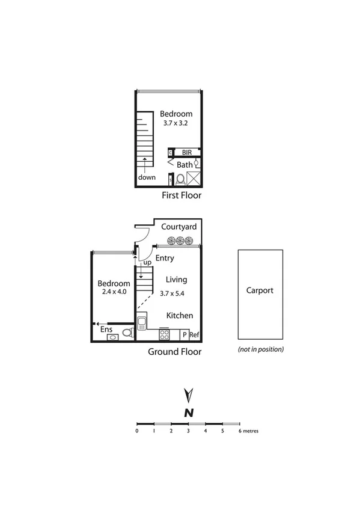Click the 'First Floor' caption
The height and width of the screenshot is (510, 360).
pyautogui.click(x=181, y=195)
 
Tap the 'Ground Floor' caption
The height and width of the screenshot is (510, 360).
pyautogui.click(x=174, y=352)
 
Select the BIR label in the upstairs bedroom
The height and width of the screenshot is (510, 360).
pyautogui.click(x=186, y=153)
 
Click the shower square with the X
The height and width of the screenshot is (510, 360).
pyautogui.click(x=194, y=179)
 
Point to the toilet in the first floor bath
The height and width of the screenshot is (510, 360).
pyautogui.click(x=180, y=179)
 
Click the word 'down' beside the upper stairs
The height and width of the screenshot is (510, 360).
pyautogui.click(x=147, y=177)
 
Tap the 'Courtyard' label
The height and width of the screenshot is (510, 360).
pyautogui.click(x=179, y=227)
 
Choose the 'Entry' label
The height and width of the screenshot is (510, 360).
pyautogui.click(x=164, y=258)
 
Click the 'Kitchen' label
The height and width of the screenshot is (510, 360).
pyautogui.click(x=179, y=315)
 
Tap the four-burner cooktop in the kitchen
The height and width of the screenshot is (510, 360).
pyautogui.click(x=164, y=334)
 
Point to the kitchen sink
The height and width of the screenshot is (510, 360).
pyautogui.click(x=142, y=324)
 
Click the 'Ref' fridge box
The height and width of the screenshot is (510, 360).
pyautogui.click(x=195, y=335)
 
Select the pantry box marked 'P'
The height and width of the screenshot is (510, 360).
pyautogui.click(x=185, y=335)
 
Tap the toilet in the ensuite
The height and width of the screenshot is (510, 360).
pyautogui.click(x=127, y=332)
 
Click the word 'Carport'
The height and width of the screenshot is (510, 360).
pyautogui.click(x=260, y=290)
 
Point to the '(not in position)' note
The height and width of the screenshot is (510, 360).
pyautogui.click(x=261, y=349)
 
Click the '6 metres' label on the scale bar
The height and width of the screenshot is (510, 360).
pyautogui.click(x=248, y=431)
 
